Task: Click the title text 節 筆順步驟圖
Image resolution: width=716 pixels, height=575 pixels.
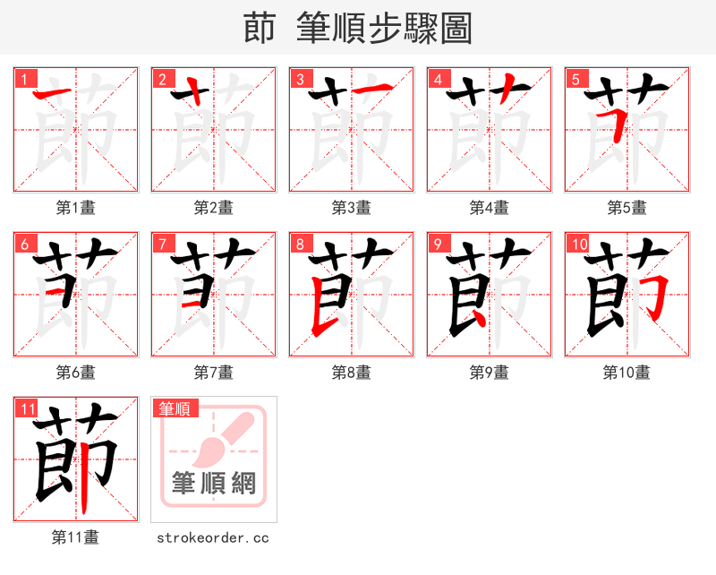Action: (357, 28)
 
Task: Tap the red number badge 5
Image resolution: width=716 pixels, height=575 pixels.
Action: (575, 79)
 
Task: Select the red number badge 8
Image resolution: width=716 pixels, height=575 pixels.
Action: (300, 244)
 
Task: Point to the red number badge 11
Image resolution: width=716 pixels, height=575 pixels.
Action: (27, 408)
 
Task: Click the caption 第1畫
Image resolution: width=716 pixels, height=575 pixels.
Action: (76, 208)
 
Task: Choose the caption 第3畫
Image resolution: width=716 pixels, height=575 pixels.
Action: (352, 208)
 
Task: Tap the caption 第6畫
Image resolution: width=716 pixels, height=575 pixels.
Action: (76, 373)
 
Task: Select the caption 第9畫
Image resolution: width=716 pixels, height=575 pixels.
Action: (490, 373)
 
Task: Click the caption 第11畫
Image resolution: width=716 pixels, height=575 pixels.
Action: (76, 537)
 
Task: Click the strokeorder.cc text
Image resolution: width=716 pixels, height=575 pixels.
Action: (213, 537)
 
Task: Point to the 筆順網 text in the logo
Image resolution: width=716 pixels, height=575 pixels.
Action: (214, 485)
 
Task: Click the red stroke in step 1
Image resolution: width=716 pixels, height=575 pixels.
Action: (54, 92)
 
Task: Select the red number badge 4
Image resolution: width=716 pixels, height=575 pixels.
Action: (438, 79)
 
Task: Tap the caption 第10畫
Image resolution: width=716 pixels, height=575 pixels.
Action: (627, 373)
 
